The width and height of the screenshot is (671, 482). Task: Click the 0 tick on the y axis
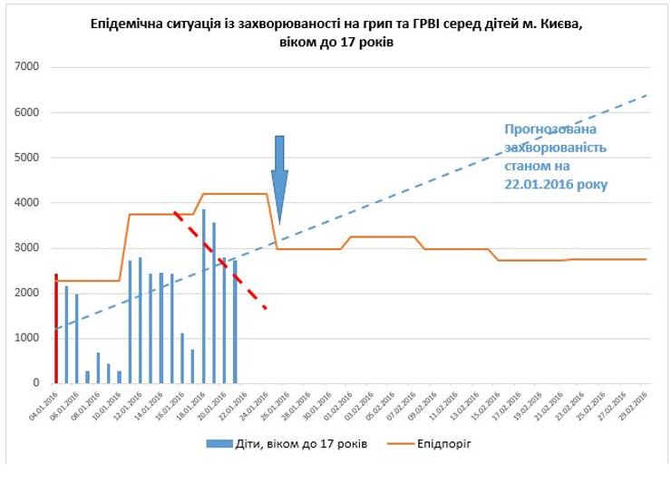pyautogui.click(x=34, y=383)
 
